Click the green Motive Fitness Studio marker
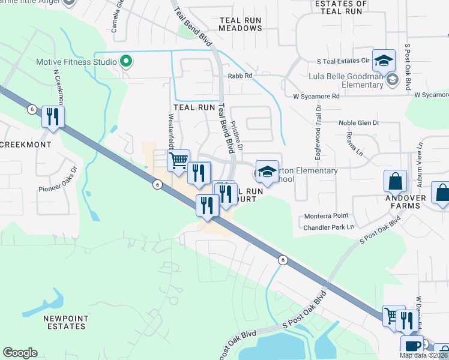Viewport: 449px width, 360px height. pos(126,61)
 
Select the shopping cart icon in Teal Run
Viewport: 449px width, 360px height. pos(178,160)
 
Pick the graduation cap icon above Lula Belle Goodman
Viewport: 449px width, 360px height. pos(384,61)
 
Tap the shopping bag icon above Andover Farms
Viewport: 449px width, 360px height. pos(396,181)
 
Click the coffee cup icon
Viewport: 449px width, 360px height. pos(411,346)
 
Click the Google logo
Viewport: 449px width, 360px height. pos(20,353)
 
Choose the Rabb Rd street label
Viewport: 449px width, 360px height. pos(240,76)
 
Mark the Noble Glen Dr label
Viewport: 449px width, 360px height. pos(359,123)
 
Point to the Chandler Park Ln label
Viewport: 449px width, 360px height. pos(328,227)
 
